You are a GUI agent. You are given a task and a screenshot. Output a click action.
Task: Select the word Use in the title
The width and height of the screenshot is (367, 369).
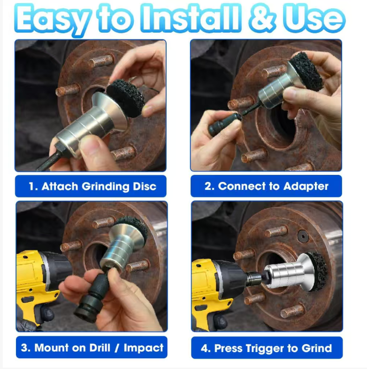pos(314,18)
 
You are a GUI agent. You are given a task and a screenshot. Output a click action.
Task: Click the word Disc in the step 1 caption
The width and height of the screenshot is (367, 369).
pos(145,187)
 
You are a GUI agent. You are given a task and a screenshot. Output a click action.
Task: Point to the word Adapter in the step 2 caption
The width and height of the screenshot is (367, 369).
pos(306,187)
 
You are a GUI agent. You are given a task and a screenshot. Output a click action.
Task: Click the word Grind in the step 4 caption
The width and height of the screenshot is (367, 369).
pos(317,348)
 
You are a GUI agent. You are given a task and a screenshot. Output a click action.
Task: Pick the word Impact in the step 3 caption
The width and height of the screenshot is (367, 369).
pos(144,348)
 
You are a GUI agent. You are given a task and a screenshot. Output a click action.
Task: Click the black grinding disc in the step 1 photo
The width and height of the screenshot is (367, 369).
pos(126,98)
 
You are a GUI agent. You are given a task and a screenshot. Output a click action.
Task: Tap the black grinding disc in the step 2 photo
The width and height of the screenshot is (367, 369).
pos(306,71)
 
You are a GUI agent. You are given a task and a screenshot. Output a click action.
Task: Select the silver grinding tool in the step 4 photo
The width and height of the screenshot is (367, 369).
pos(291,273)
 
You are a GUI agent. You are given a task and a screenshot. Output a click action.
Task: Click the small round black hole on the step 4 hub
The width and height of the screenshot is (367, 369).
pos(303,236)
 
